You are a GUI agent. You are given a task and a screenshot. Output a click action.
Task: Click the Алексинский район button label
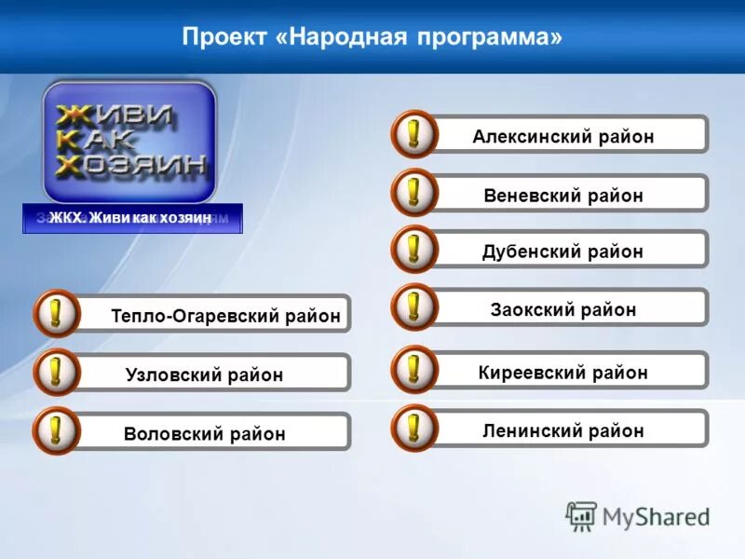[x=562, y=137]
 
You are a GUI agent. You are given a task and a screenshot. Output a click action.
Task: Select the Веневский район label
[x=562, y=196]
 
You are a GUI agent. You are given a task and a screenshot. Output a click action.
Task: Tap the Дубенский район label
[x=562, y=252]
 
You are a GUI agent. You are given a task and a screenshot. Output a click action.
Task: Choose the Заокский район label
[x=562, y=309]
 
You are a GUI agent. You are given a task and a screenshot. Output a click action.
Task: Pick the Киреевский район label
[x=562, y=373]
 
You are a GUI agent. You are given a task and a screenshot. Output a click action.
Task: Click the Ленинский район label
[x=562, y=430]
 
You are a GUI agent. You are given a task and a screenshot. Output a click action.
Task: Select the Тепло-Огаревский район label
[x=225, y=316]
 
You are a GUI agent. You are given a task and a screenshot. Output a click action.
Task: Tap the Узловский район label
[x=204, y=375]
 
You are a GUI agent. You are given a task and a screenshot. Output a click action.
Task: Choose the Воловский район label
[x=204, y=434]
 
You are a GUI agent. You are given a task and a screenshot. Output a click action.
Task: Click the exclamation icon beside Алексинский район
[x=413, y=134]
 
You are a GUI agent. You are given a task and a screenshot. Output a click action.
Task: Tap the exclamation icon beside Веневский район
[x=413, y=193]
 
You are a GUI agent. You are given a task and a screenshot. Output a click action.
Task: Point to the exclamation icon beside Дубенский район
[x=413, y=249]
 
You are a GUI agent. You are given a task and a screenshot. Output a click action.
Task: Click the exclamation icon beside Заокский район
[x=413, y=307]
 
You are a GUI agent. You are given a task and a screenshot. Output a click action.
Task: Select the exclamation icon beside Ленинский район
[x=413, y=428]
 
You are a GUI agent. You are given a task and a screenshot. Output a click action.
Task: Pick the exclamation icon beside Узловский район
[x=57, y=373]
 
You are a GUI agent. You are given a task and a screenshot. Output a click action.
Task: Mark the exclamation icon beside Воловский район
[x=57, y=430]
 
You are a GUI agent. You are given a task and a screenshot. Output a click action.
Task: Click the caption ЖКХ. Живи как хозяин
[x=131, y=218]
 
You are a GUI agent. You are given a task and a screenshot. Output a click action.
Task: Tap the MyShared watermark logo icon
[x=581, y=515]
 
